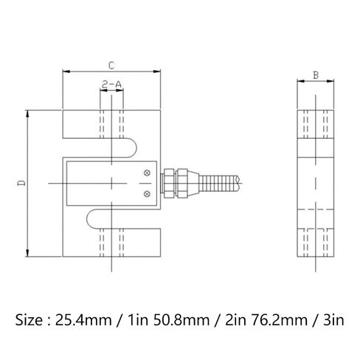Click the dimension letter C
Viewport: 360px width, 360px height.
point(111,66)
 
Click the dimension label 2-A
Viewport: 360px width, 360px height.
point(111,85)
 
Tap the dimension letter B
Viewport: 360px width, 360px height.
point(316,75)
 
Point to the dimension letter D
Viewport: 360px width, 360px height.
point(21,183)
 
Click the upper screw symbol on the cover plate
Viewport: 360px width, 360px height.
point(147,173)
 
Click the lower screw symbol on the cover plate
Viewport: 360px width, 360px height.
point(147,194)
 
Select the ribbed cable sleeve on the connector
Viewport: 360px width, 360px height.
point(218,183)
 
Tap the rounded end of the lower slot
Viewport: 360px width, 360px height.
point(88,218)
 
